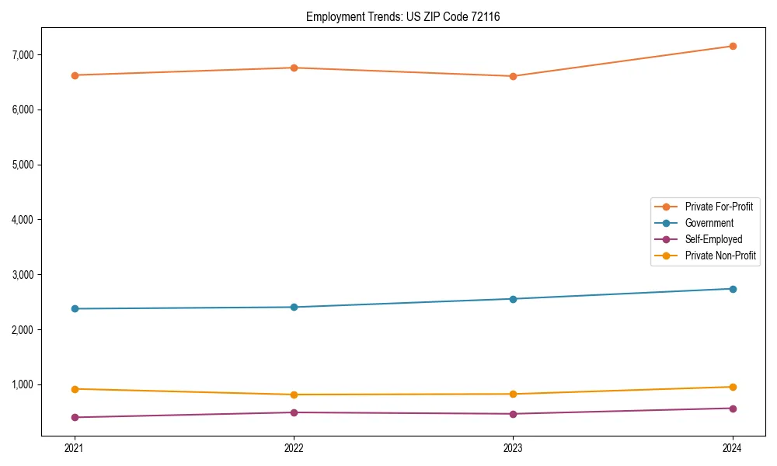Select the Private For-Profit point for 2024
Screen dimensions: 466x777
733,46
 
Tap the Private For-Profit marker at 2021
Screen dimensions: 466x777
75,75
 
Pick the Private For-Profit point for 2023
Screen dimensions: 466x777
513,76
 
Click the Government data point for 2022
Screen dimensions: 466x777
294,307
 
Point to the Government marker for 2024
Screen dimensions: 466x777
733,289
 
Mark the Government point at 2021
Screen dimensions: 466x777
75,308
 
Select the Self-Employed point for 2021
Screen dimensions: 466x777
75,417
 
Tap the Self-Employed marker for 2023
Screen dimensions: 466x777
513,414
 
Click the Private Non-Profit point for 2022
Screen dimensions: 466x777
294,395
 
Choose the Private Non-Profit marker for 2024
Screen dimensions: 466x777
733,387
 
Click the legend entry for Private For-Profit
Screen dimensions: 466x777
718,207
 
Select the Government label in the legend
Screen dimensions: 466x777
709,223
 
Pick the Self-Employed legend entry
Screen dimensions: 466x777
713,239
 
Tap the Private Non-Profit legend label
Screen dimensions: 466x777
720,256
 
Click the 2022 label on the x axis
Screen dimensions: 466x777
294,447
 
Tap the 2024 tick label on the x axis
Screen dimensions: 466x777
733,447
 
